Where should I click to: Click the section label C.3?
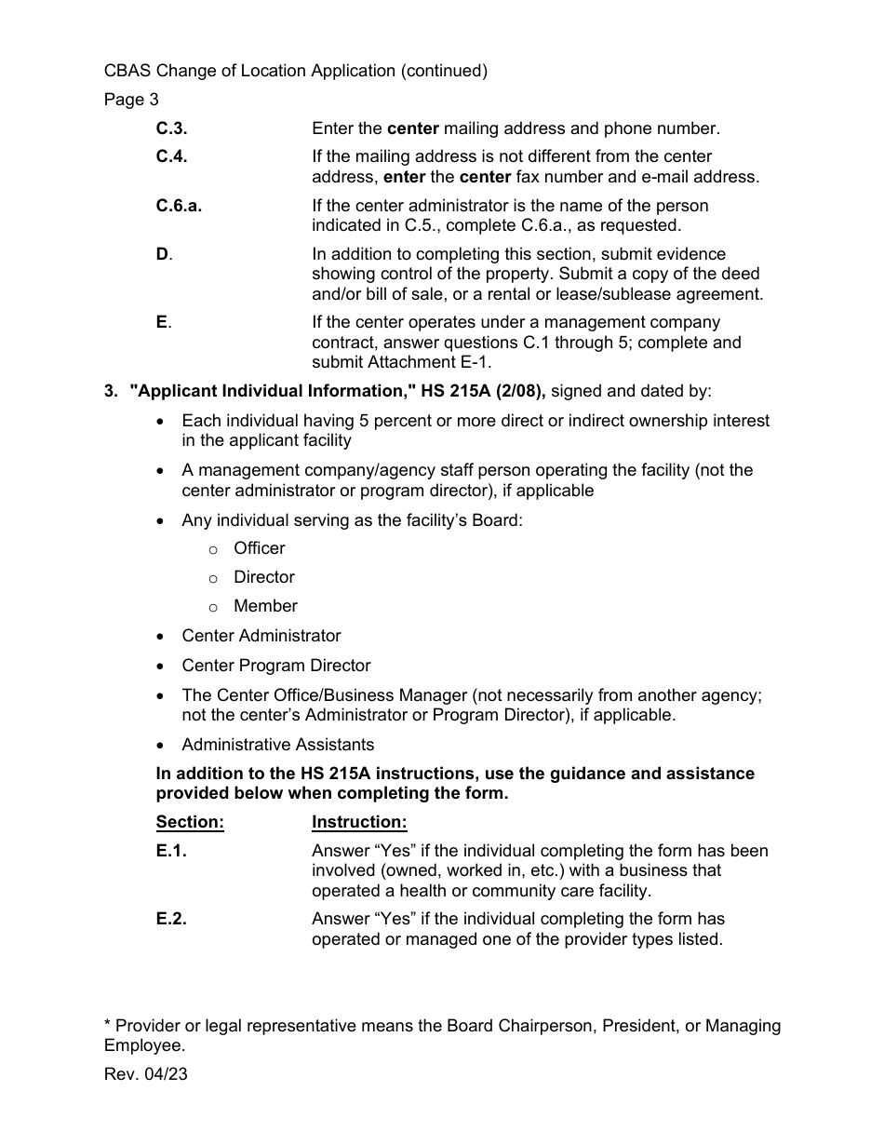click(x=171, y=128)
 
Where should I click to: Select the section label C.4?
click(x=171, y=156)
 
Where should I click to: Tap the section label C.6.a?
click(x=179, y=206)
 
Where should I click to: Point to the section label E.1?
click(x=171, y=850)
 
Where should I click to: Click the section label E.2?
click(x=171, y=919)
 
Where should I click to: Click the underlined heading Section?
click(x=190, y=822)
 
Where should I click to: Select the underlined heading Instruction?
click(x=359, y=822)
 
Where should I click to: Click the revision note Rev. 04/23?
click(x=145, y=1073)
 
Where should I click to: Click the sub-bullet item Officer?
click(x=259, y=548)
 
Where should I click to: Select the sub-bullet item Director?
click(x=263, y=577)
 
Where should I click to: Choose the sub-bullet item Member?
click(x=265, y=606)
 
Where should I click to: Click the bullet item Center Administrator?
click(x=261, y=636)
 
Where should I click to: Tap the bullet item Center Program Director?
click(x=275, y=666)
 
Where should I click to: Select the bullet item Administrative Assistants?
click(x=277, y=745)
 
